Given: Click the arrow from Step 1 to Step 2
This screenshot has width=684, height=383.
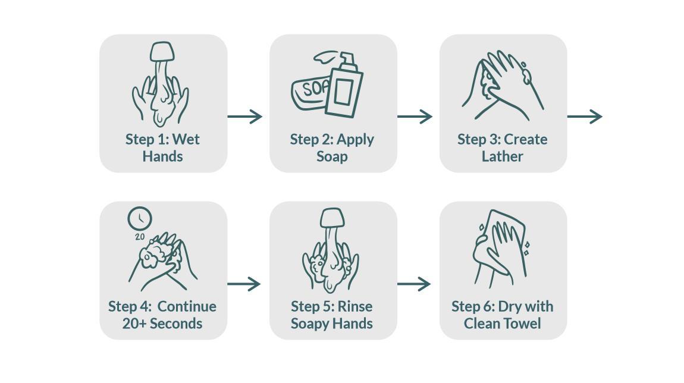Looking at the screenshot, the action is (244, 117).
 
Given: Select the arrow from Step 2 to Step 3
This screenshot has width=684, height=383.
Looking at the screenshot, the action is (415, 117).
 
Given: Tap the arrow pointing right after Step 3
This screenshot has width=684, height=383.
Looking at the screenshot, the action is (585, 117).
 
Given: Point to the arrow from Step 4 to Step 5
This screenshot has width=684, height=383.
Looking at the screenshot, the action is (244, 284).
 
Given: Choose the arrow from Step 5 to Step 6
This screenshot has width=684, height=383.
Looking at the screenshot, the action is (414, 284).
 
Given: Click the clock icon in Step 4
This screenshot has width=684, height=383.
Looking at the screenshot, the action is (140, 218).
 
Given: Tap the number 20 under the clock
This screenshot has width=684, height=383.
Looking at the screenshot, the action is (140, 237).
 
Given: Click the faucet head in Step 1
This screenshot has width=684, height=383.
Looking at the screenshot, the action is (162, 52).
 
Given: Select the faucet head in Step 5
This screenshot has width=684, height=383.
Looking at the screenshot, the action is (332, 218).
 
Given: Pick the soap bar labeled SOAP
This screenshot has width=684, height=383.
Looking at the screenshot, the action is (309, 93).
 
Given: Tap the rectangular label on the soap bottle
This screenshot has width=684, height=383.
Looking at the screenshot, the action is (343, 92).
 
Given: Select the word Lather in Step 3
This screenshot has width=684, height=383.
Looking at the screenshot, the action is (502, 156).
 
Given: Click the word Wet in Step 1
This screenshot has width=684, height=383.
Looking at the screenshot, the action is (186, 139).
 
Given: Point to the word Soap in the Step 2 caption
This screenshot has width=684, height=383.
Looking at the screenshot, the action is (332, 156).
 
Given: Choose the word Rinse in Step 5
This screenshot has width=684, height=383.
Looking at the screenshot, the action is (355, 306).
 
